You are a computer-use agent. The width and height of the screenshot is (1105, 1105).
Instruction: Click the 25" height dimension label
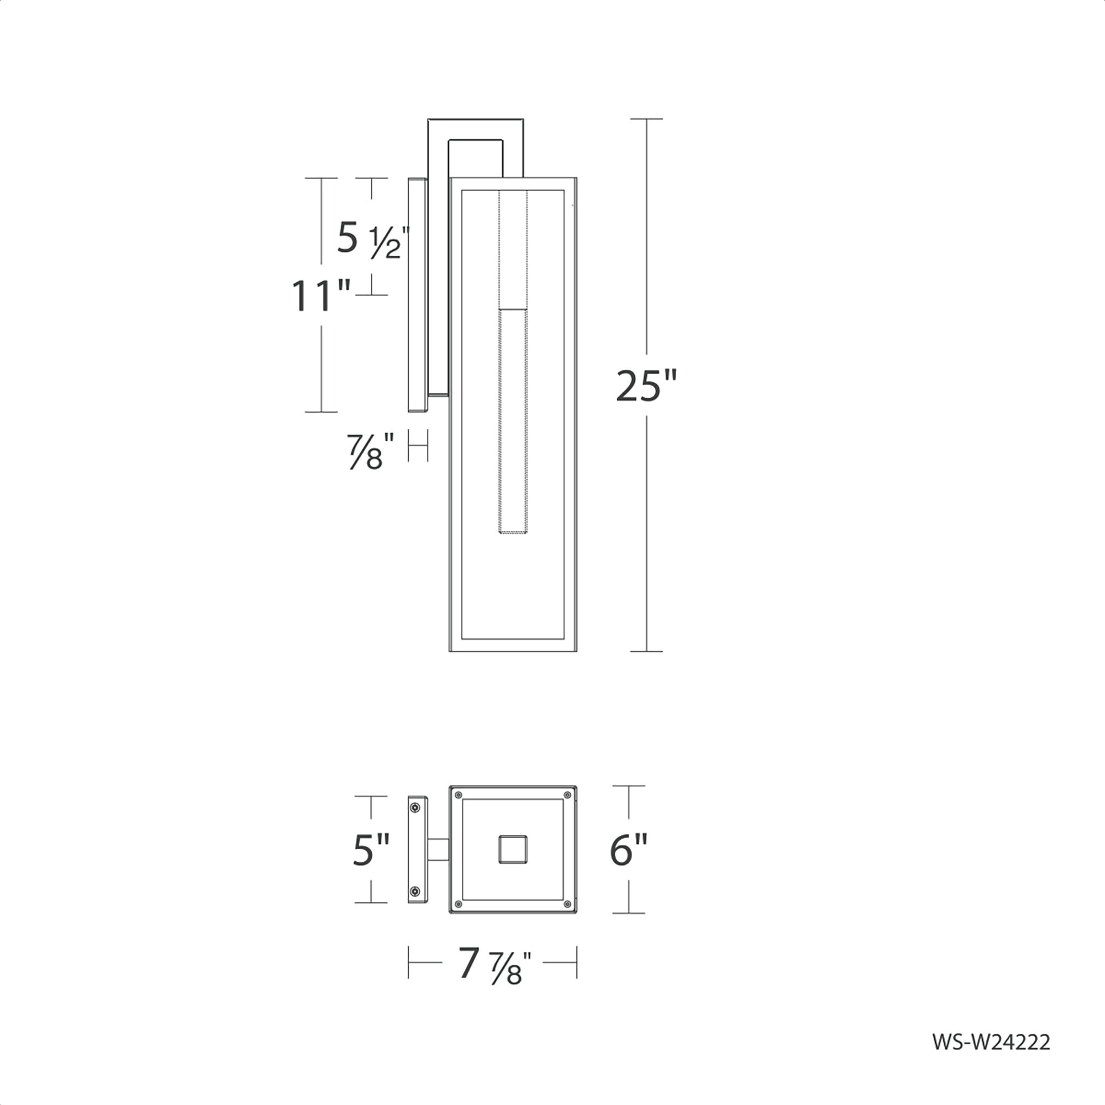(x=646, y=386)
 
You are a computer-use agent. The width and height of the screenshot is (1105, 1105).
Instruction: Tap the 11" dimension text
(x=321, y=296)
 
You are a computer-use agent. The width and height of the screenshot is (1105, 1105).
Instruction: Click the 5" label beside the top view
(x=371, y=849)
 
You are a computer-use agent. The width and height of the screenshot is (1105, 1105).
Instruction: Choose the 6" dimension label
(x=628, y=850)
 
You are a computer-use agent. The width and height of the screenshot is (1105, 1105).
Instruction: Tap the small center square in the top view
(x=513, y=849)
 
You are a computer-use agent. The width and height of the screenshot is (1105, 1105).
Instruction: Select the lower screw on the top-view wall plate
(x=415, y=891)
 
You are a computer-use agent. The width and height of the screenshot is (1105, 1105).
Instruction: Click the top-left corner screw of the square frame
(x=457, y=795)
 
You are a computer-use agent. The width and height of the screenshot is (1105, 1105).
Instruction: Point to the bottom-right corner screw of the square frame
(x=567, y=904)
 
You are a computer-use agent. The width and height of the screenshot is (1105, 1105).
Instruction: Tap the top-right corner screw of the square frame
(x=567, y=795)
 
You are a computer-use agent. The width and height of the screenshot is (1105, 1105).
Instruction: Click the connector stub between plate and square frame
(x=438, y=849)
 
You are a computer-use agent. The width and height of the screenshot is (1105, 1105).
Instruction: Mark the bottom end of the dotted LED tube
(x=513, y=533)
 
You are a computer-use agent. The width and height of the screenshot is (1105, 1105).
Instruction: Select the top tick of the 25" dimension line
(x=646, y=119)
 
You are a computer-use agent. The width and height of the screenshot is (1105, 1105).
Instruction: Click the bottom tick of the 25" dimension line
(x=646, y=651)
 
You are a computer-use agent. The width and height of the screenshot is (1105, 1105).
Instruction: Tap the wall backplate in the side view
(x=418, y=295)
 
